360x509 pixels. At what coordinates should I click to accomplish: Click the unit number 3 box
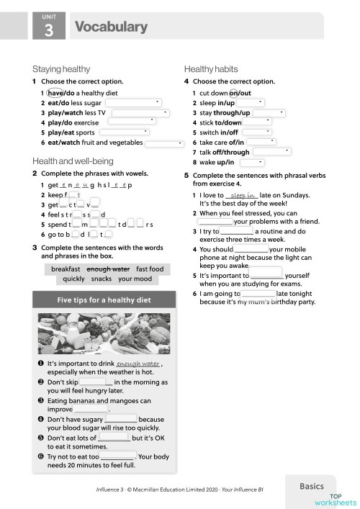click(48, 28)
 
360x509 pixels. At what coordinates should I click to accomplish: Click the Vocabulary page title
click(111, 27)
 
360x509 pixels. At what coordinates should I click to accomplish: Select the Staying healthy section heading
click(61, 69)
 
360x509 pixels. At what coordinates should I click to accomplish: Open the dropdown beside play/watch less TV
click(140, 113)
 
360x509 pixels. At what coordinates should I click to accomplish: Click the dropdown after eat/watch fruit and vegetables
click(165, 144)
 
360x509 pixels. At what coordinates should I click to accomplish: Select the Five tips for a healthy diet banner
click(104, 299)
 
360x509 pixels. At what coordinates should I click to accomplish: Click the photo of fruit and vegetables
click(104, 333)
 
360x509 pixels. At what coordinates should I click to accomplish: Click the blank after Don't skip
click(96, 382)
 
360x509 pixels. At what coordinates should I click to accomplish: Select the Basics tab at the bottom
click(317, 487)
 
